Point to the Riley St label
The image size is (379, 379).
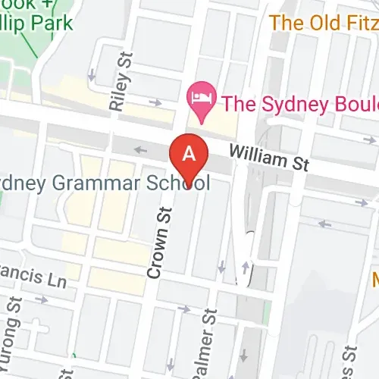point(119,82)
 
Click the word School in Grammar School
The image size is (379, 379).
point(179,184)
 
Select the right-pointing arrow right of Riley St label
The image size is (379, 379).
point(156,102)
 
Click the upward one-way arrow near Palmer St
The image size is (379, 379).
point(246,266)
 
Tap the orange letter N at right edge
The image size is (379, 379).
point(376,277)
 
